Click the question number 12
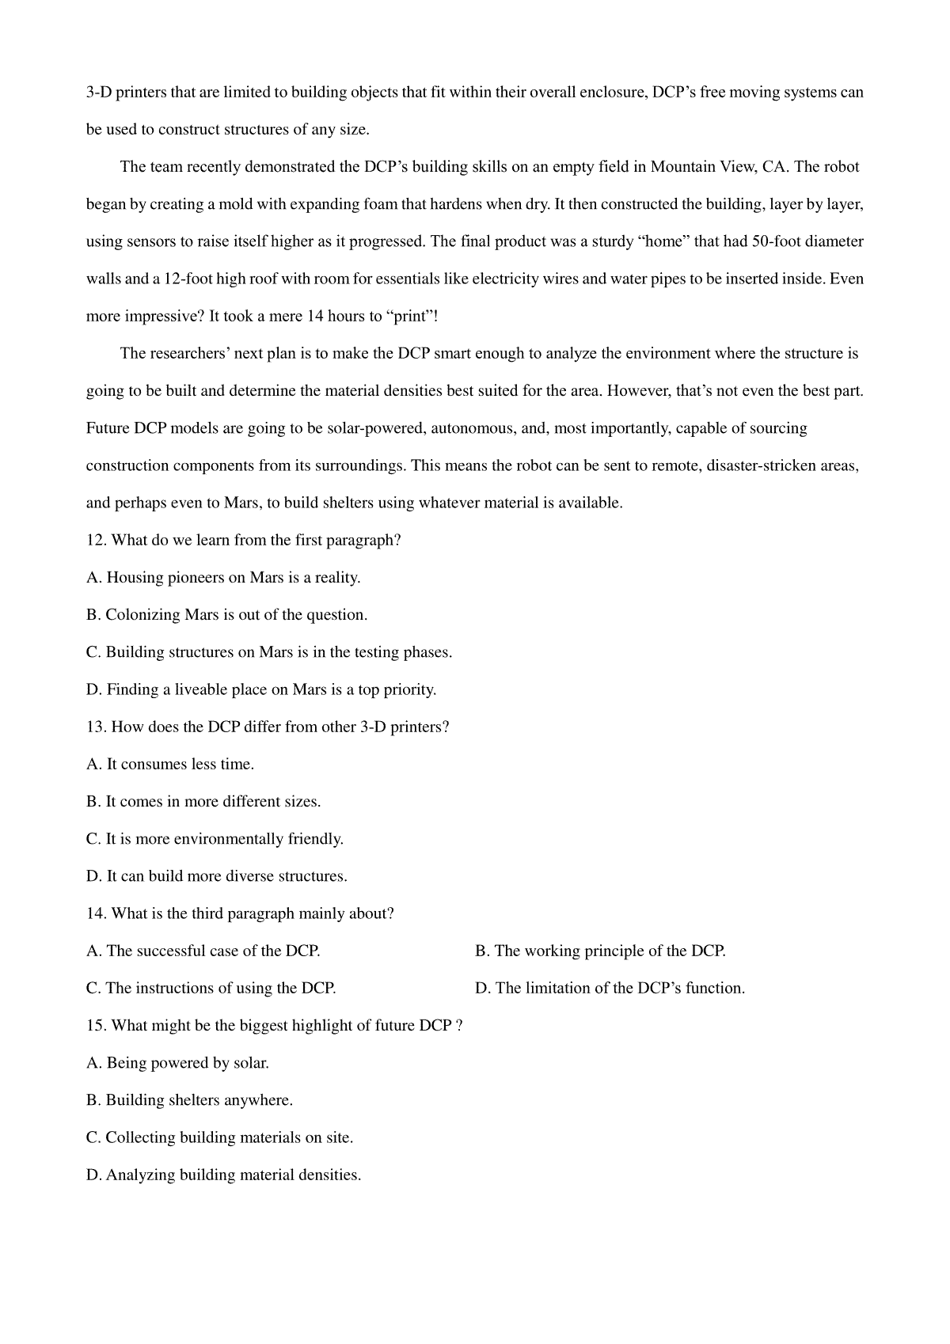(95, 541)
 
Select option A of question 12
(223, 578)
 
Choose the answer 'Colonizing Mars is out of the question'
(227, 615)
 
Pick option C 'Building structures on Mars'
(269, 652)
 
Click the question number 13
(95, 727)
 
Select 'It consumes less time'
(170, 764)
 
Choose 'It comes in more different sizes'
(203, 801)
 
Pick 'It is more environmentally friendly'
(215, 838)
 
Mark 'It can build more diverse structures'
(217, 876)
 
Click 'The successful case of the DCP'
(203, 951)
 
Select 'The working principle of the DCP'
(600, 951)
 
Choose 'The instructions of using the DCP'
(211, 988)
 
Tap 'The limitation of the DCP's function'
(610, 988)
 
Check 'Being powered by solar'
(178, 1063)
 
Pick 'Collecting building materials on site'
(220, 1137)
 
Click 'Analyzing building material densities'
(224, 1175)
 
